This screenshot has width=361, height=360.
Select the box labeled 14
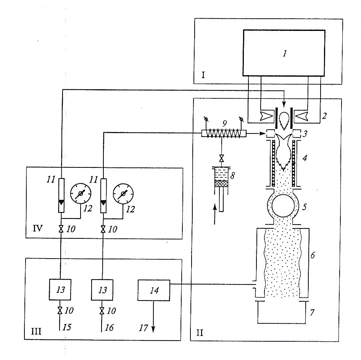click(154, 290)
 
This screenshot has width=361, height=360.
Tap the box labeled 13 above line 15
click(60, 289)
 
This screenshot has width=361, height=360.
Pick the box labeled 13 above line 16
click(102, 290)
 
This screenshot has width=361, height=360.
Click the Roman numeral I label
click(203, 75)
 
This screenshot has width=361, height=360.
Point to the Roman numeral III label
click(36, 331)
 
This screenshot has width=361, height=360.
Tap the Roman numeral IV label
click(38, 228)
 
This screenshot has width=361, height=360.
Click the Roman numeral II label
click(200, 333)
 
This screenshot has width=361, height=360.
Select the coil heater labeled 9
click(224, 133)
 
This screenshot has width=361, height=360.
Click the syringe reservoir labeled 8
click(221, 177)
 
